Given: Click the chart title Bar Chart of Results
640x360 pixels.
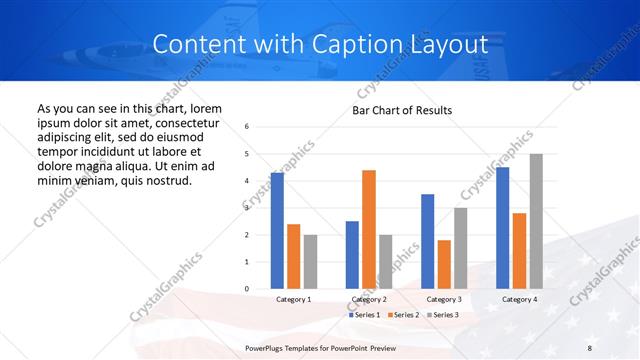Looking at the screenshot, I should [x=401, y=110].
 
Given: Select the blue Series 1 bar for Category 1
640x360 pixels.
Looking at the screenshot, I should [x=277, y=230].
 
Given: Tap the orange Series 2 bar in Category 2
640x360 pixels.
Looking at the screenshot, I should [x=368, y=229].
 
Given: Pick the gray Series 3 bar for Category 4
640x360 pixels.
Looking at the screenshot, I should [x=536, y=221].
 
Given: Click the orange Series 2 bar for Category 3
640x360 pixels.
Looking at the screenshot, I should [x=444, y=264].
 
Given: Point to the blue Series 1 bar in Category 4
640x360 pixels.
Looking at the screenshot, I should [x=502, y=228].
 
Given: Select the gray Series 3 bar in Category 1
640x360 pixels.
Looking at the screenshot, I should [x=310, y=261].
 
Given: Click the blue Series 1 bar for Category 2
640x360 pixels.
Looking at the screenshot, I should [x=352, y=255].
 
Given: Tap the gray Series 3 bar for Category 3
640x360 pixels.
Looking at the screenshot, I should [x=460, y=248].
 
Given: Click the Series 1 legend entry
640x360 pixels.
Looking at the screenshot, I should [x=364, y=315].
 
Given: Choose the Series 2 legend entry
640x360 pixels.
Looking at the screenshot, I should [x=402, y=315].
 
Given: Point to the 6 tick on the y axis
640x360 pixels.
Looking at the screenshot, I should [x=247, y=127].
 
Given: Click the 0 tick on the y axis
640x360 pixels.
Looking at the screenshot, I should [x=247, y=289].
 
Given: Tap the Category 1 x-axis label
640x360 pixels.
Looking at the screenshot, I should [x=293, y=299].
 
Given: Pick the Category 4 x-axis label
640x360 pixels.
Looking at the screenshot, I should [x=519, y=299].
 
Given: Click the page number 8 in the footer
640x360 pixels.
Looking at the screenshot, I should [x=589, y=347].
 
